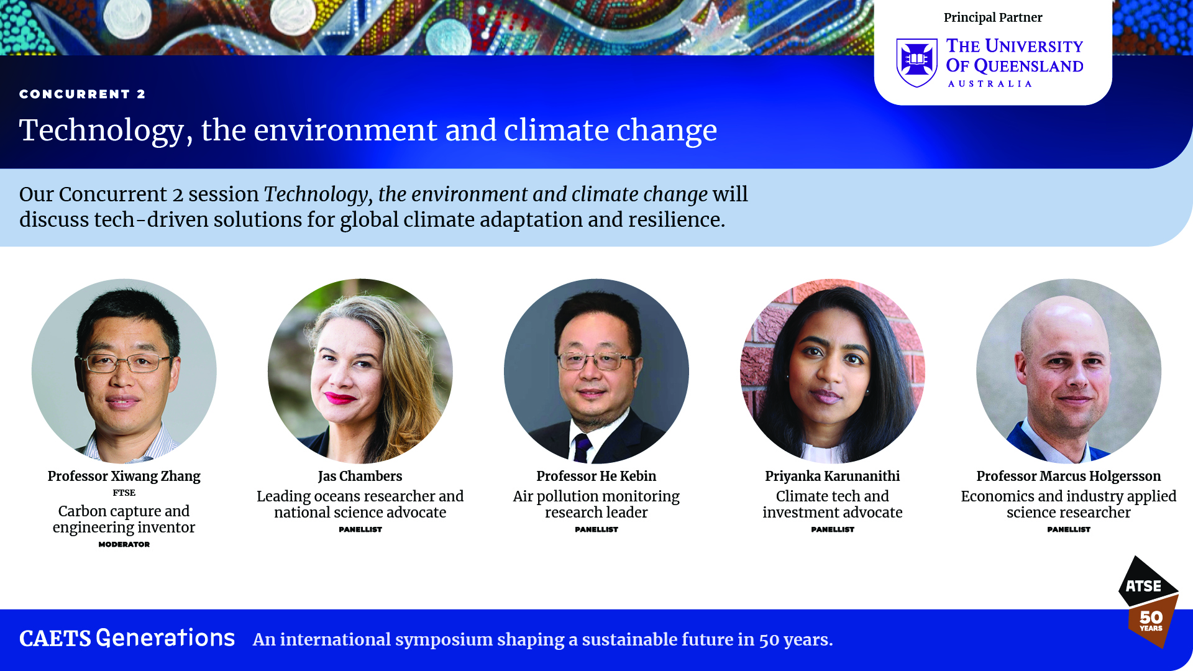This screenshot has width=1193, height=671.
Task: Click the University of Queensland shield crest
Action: (x=916, y=63)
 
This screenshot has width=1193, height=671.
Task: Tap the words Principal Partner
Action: (x=993, y=17)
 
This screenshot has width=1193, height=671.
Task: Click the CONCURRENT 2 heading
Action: (x=82, y=94)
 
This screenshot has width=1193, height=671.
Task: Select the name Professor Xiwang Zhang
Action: (x=124, y=476)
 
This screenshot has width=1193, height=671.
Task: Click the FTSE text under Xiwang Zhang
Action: (x=124, y=493)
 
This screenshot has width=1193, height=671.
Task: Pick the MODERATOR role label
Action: (x=124, y=544)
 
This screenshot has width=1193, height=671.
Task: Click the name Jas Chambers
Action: (x=360, y=476)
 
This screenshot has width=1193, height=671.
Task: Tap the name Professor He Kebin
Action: (x=596, y=476)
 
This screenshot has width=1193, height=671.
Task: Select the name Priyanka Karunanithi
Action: (x=833, y=476)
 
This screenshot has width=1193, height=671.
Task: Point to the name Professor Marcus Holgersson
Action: (x=1069, y=476)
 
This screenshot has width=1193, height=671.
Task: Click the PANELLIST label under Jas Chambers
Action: (x=360, y=529)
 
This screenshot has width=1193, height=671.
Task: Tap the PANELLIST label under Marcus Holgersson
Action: (x=1069, y=529)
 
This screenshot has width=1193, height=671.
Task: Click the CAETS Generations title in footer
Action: (x=127, y=638)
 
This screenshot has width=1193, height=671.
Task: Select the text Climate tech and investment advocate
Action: (x=833, y=504)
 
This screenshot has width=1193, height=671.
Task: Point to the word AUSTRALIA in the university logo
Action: (x=990, y=84)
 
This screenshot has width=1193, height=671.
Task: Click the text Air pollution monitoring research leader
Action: (x=596, y=504)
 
